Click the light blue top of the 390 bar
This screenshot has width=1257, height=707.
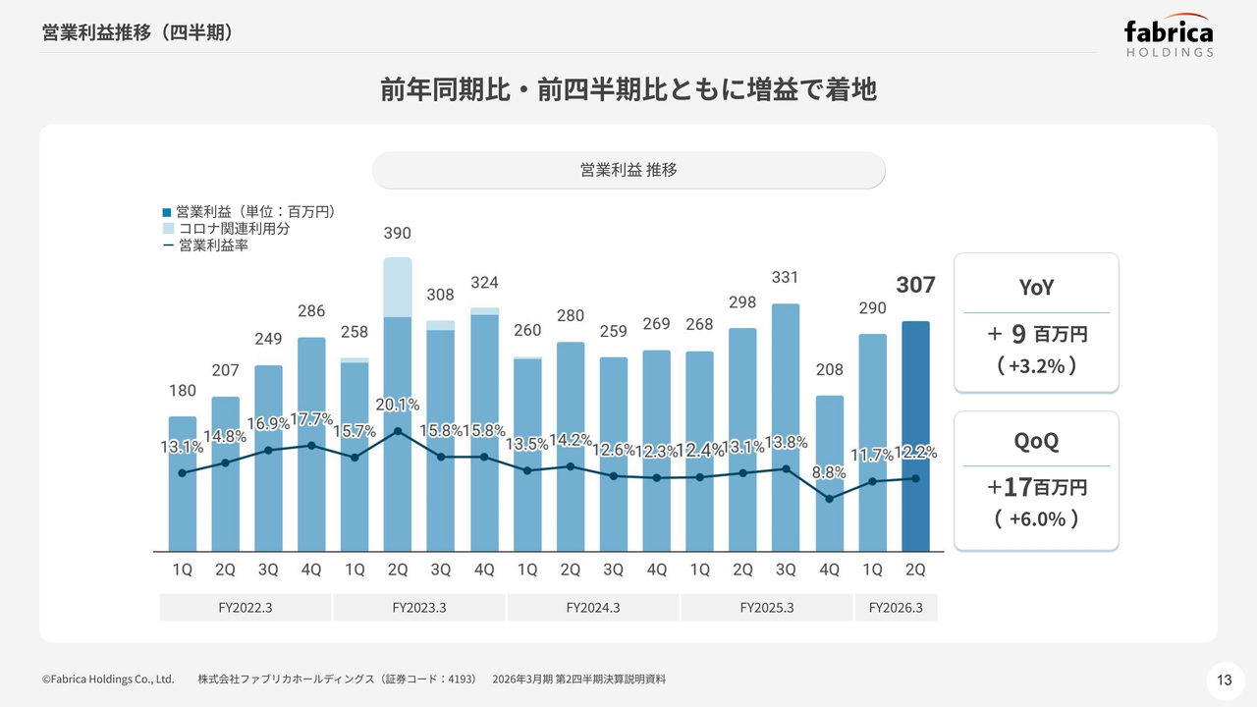(x=398, y=287)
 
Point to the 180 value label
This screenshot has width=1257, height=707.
(x=183, y=391)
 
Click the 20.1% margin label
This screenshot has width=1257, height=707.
(x=398, y=405)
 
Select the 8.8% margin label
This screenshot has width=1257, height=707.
(x=830, y=472)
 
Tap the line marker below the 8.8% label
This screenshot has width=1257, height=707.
(x=830, y=499)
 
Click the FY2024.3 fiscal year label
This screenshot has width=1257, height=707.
(x=593, y=608)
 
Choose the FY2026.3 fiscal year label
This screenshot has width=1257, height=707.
(x=896, y=608)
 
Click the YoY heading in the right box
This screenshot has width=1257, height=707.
(x=1035, y=287)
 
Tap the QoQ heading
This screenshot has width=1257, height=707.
(x=1036, y=441)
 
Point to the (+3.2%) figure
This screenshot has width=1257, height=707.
(x=1036, y=366)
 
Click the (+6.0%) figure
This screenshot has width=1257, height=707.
(x=1036, y=518)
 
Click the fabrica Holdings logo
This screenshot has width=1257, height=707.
(x=1169, y=37)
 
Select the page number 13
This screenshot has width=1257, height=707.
(x=1224, y=680)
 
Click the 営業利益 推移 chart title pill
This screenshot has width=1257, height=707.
(x=628, y=170)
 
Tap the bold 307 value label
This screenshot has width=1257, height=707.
(x=915, y=286)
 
